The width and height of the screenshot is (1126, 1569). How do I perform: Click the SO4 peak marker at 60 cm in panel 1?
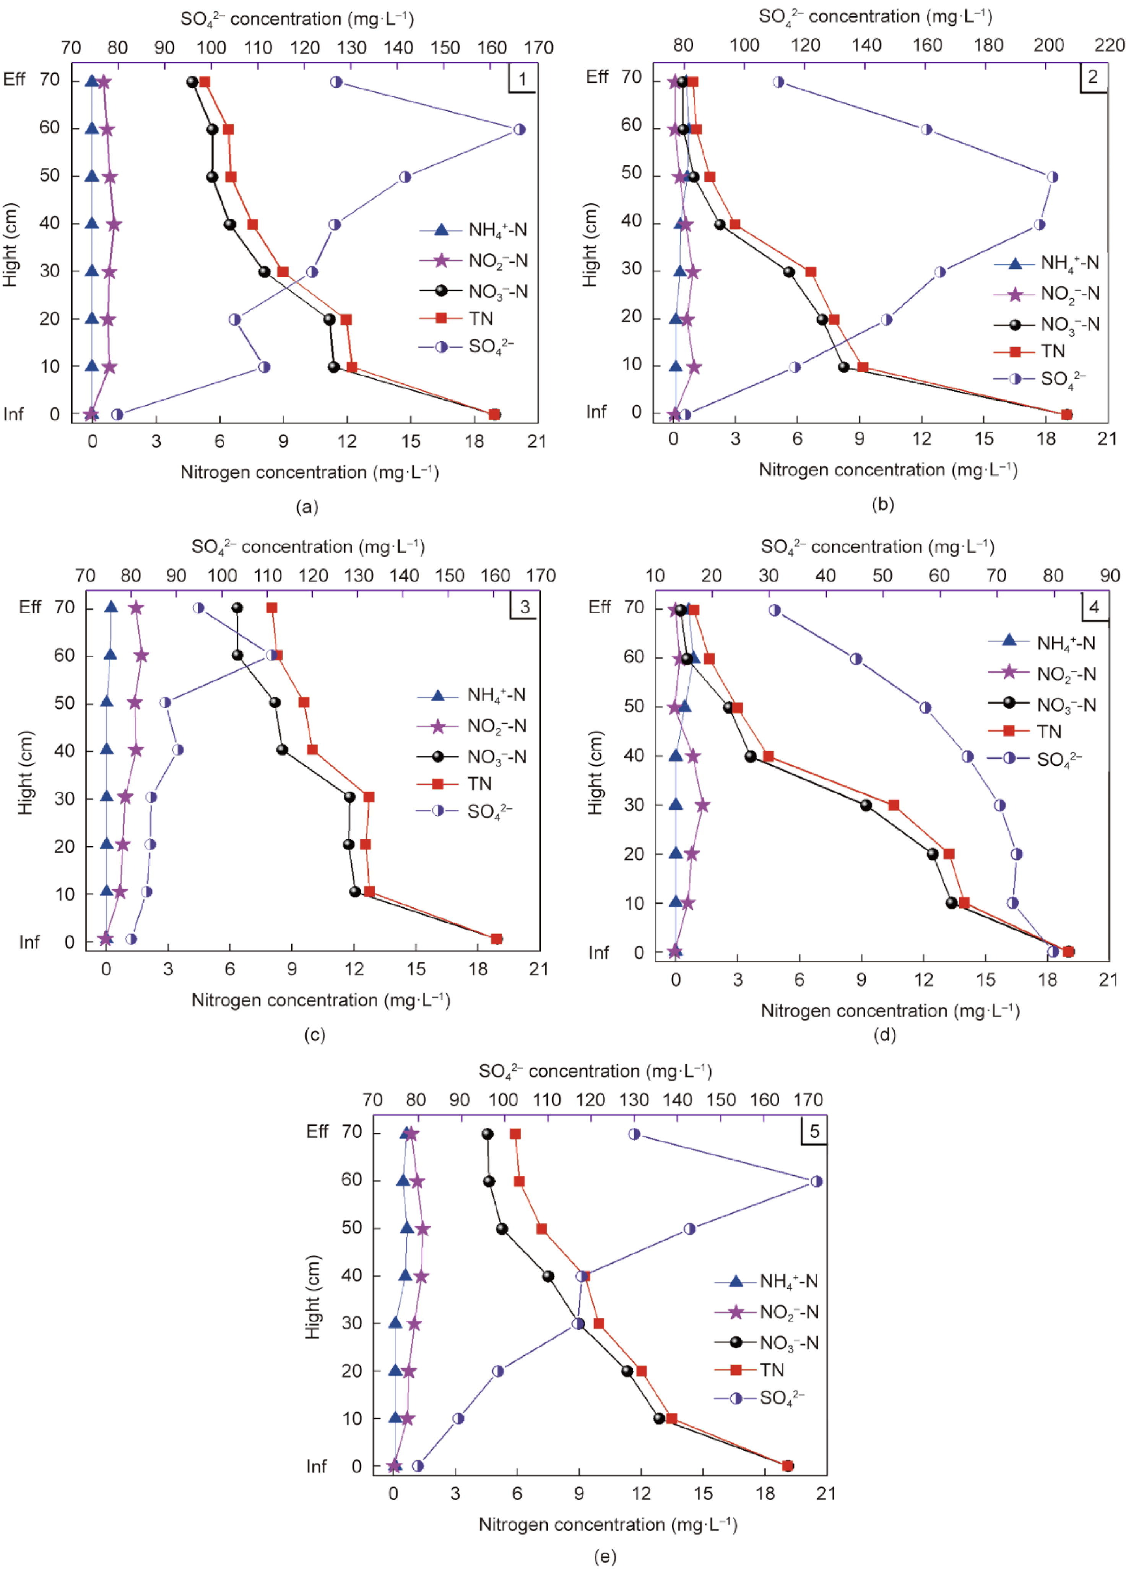[520, 129]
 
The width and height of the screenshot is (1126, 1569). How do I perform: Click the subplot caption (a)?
[307, 507]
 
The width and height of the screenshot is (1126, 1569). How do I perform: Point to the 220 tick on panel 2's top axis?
[1110, 45]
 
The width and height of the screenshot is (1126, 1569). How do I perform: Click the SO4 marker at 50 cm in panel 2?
[1052, 177]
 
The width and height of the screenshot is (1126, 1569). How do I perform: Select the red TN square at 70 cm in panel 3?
[272, 608]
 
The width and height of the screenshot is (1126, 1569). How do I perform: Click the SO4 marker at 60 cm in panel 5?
[817, 1181]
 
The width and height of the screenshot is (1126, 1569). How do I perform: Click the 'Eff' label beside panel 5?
[318, 1132]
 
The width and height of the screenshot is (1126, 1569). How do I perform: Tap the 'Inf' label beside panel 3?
[29, 942]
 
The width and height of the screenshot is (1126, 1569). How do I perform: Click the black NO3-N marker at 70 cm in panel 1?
[192, 82]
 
